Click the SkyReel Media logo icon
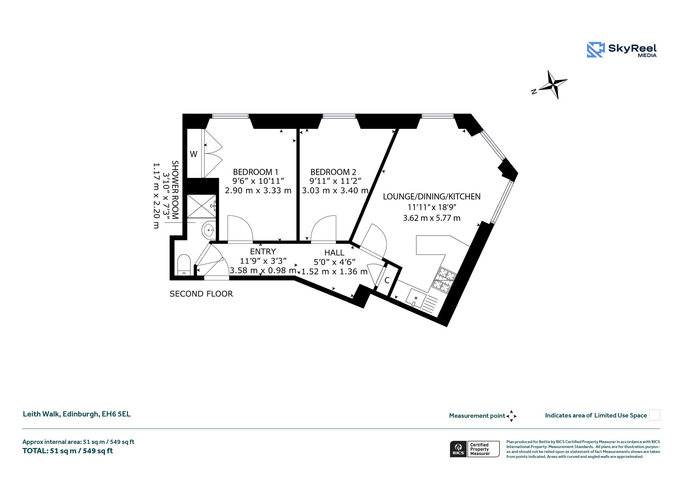coord(595,50)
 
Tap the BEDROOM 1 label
coord(256,172)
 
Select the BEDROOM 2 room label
coord(333,172)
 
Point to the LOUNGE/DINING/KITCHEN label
coord(431,197)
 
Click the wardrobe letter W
coord(194,154)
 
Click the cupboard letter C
coord(387,280)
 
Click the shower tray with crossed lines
coord(201,206)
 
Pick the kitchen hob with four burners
coord(445,280)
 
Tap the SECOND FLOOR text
coord(201,294)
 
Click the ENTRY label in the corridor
coord(263,252)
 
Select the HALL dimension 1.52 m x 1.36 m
coord(334,272)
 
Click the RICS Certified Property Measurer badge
coord(475,449)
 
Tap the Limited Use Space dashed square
coord(655,415)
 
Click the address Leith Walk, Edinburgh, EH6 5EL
coord(77,414)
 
